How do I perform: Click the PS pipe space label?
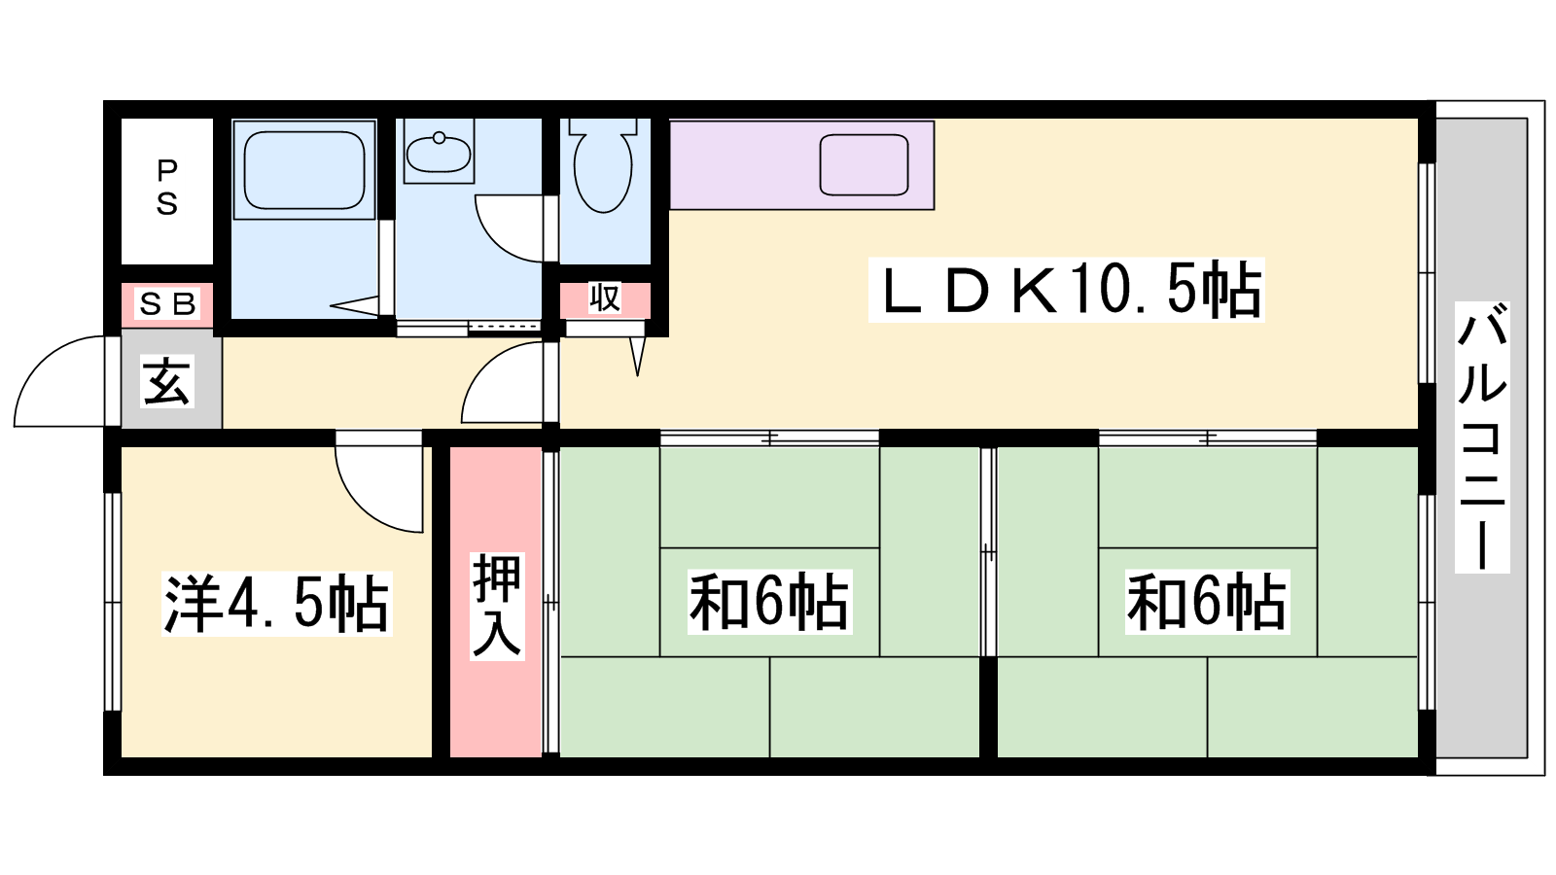click(x=166, y=188)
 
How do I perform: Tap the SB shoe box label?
click(x=167, y=303)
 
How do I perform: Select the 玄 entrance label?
click(x=166, y=381)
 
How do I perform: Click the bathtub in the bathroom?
click(x=305, y=170)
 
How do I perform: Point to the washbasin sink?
click(x=439, y=152)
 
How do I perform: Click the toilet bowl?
click(x=603, y=166)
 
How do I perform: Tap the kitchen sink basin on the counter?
click(x=865, y=165)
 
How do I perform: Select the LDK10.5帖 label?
click(x=1066, y=291)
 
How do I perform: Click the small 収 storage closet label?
click(x=604, y=297)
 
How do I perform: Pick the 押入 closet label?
click(x=496, y=605)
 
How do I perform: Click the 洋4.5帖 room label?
click(x=276, y=604)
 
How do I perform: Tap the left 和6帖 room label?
click(x=769, y=602)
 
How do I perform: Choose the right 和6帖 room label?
click(x=1207, y=602)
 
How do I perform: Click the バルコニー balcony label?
click(x=1482, y=437)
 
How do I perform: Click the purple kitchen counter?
click(x=801, y=165)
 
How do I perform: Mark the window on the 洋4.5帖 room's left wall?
click(x=113, y=602)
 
